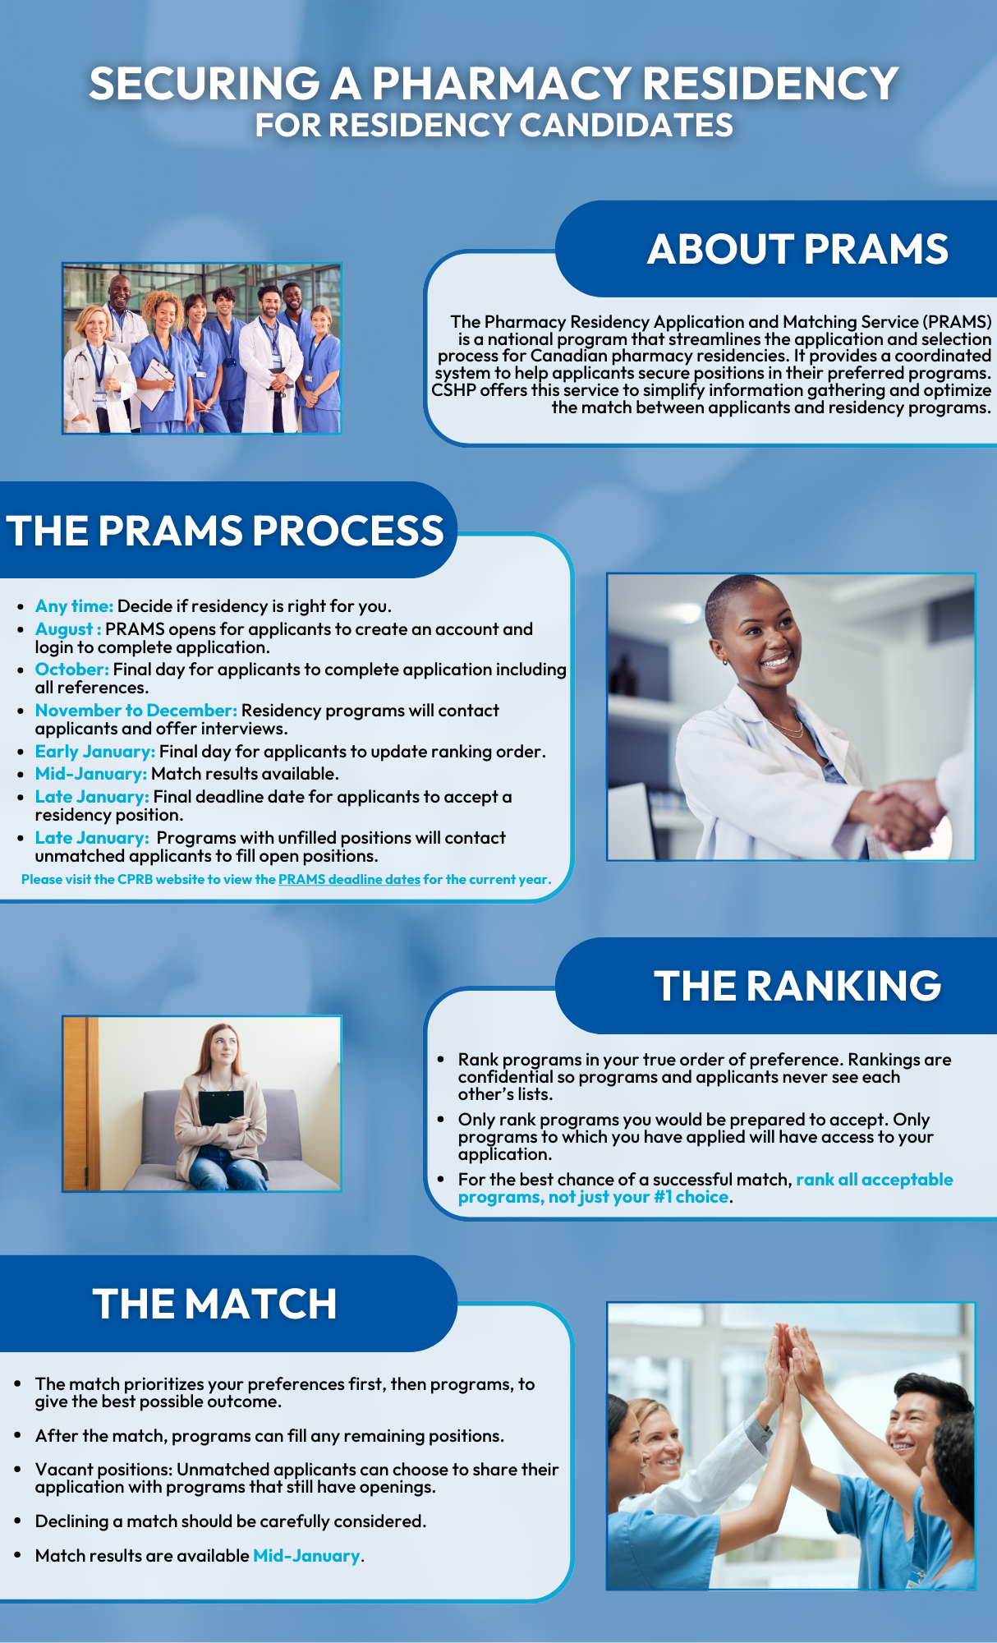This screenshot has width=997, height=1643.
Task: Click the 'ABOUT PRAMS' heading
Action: point(797,249)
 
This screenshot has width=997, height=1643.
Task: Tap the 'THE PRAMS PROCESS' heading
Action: point(225,531)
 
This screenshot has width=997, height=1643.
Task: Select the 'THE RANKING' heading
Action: point(797,986)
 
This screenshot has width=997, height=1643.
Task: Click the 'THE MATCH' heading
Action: point(215,1304)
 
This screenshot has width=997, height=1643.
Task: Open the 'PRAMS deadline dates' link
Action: point(349,879)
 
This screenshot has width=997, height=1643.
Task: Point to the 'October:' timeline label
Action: point(72,670)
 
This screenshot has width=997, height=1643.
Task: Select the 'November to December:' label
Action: point(136,711)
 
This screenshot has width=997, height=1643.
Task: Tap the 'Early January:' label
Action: point(95,752)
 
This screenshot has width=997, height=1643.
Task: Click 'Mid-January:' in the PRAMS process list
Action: point(91,774)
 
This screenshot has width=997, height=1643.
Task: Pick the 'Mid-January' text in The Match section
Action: point(306,1556)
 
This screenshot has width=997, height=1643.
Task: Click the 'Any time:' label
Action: point(74,606)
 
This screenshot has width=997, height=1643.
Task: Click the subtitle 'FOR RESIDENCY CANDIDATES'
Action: point(494,125)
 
